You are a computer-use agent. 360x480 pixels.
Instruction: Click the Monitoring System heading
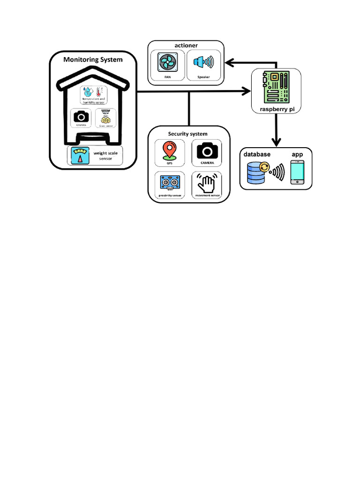pyautogui.click(x=93, y=60)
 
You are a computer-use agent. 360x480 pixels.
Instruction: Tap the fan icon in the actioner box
pyautogui.click(x=167, y=63)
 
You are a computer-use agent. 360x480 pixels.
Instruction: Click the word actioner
pyautogui.click(x=186, y=45)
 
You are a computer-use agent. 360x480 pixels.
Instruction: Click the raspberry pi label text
pyautogui.click(x=277, y=109)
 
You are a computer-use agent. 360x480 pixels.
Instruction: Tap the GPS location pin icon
pyautogui.click(x=169, y=151)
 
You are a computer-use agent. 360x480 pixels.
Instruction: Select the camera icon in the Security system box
pyautogui.click(x=207, y=151)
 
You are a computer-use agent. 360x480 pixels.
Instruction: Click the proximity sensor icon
pyautogui.click(x=169, y=182)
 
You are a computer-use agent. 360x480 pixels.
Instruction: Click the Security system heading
pyautogui.click(x=187, y=134)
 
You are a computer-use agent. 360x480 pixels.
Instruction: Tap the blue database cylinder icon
pyautogui.click(x=257, y=172)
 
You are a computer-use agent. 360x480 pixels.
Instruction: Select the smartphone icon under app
pyautogui.click(x=297, y=172)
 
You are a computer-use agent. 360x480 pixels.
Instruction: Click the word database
pyautogui.click(x=257, y=154)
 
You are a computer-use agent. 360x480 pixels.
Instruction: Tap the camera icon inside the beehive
pyautogui.click(x=82, y=116)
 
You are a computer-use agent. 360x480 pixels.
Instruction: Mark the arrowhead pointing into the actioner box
pyautogui.click(x=229, y=62)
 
